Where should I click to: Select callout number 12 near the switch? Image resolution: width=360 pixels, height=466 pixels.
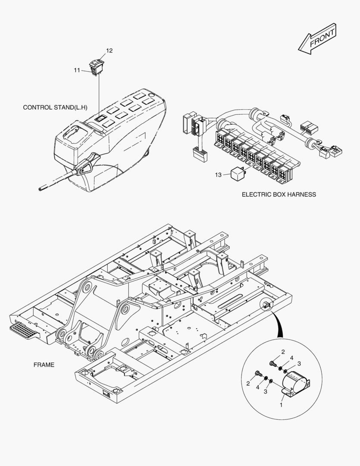(x=110, y=51)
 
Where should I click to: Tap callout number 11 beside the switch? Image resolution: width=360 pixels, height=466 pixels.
(x=77, y=70)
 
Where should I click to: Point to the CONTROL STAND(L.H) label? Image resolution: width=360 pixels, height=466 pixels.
(x=55, y=107)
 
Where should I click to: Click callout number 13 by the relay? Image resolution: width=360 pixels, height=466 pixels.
(x=219, y=175)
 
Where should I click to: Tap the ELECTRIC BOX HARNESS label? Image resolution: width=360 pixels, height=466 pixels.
(x=279, y=195)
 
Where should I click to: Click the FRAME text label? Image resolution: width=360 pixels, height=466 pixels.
(x=44, y=365)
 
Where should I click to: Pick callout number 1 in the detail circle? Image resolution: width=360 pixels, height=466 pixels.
(x=281, y=405)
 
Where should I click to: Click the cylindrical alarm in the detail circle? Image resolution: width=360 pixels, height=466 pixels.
(x=295, y=383)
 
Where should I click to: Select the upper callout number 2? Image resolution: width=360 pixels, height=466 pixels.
(x=283, y=352)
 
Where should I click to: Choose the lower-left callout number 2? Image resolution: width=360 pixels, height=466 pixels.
(x=248, y=383)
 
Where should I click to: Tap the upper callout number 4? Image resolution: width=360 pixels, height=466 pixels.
(x=292, y=358)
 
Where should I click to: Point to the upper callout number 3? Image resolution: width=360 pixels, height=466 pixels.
(x=299, y=364)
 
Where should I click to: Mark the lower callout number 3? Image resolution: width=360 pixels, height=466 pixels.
(x=266, y=391)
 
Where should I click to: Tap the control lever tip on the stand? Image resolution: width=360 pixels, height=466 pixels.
(x=41, y=188)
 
